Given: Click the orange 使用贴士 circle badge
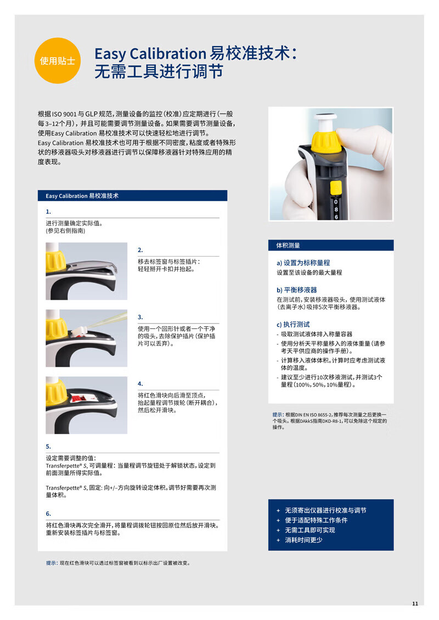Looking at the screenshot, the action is tap(58, 60).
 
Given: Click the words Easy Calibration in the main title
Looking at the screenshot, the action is tap(150, 53).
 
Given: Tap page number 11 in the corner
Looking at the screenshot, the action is tap(415, 604).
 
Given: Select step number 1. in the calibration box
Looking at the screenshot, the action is tap(48, 212).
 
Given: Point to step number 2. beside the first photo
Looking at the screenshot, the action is tap(140, 250).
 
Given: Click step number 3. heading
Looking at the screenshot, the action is tap(140, 317).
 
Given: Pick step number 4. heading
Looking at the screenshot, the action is tap(140, 384).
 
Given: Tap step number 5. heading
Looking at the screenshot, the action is tap(48, 446).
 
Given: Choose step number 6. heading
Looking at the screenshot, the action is tap(48, 514).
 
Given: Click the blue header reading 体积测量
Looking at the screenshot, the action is tap(331, 245).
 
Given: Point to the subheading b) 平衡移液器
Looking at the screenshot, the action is tap(297, 290).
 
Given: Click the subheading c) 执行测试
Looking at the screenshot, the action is tap(294, 324).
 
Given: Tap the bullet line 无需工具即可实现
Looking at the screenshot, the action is tap(310, 530).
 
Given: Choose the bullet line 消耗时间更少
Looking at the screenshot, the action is tap(303, 540).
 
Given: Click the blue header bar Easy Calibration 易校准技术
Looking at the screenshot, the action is tap(133, 196).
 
